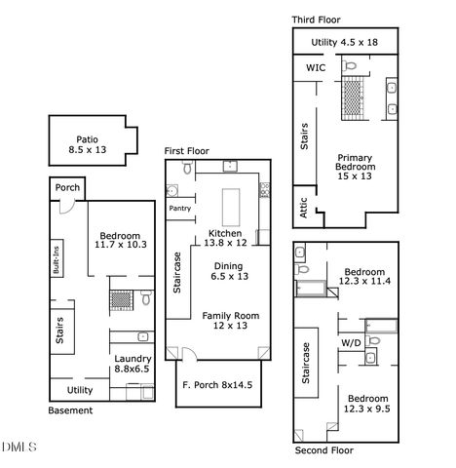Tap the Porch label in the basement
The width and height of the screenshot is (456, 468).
pyautogui.click(x=67, y=188)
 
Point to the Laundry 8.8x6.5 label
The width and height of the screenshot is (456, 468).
pyautogui.click(x=131, y=364)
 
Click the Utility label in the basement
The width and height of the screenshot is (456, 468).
pyautogui.click(x=80, y=390)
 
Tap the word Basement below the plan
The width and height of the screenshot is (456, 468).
pyautogui.click(x=71, y=410)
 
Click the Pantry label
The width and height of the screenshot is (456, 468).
pyautogui.click(x=179, y=208)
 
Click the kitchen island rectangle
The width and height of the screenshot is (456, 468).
pyautogui.click(x=233, y=206)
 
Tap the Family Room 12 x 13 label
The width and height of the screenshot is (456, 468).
pyautogui.click(x=231, y=321)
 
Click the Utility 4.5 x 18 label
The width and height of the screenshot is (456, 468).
pyautogui.click(x=344, y=42)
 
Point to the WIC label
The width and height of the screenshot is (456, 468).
pyautogui.click(x=316, y=68)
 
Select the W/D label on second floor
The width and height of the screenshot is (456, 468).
pyautogui.click(x=351, y=342)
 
